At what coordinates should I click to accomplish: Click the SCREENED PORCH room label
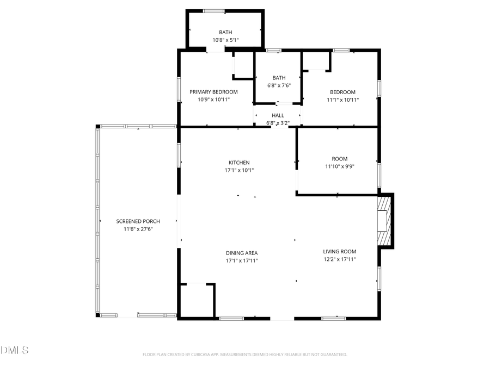click(138, 221)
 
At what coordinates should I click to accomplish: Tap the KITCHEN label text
click(239, 163)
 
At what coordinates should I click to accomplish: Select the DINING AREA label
click(242, 253)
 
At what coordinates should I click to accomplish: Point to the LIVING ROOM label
click(339, 251)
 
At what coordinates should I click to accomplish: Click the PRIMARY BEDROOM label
click(213, 92)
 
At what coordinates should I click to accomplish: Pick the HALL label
click(278, 115)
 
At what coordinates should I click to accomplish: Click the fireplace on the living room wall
click(385, 221)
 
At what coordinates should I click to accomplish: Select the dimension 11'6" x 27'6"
click(138, 229)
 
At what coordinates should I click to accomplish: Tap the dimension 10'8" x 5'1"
click(225, 40)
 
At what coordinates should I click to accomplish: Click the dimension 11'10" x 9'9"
click(339, 166)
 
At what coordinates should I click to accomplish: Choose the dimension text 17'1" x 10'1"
click(239, 170)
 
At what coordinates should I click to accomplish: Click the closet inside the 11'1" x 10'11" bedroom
click(316, 61)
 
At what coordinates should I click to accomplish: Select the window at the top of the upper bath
click(214, 11)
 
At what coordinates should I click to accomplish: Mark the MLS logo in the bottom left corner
click(15, 350)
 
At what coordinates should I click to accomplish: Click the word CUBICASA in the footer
click(200, 354)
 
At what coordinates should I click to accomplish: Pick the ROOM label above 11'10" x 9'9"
click(339, 159)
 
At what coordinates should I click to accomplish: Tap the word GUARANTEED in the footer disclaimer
click(332, 354)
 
